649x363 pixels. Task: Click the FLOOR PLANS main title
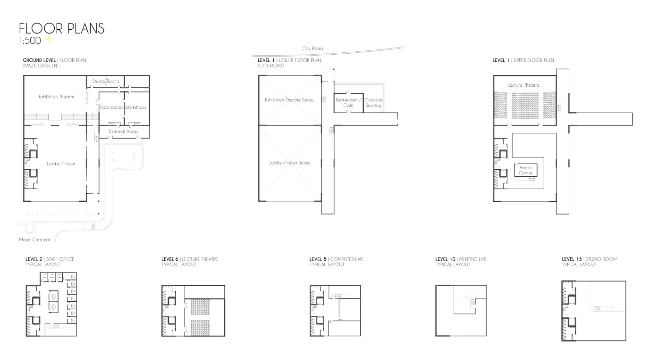[61, 29]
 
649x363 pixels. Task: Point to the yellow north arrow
[48, 41]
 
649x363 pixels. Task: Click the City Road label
[313, 49]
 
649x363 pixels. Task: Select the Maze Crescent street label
[34, 240]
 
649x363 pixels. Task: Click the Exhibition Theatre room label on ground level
[57, 97]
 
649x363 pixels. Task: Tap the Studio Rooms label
[106, 82]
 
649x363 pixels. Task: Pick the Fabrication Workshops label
[123, 107]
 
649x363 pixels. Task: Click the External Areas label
[124, 131]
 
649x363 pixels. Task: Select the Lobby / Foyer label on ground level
[61, 164]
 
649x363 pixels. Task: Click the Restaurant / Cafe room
[348, 102]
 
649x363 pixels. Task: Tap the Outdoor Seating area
[373, 102]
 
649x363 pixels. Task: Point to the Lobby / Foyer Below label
[290, 163]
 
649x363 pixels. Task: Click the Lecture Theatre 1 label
[525, 85]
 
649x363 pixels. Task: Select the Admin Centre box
[525, 170]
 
